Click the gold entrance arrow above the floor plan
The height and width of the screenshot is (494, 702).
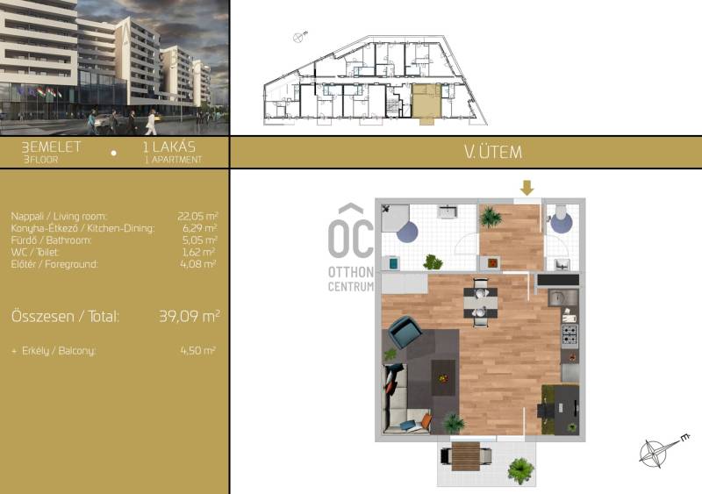click(527, 188)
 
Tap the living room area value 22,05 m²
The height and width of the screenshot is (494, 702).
click(197, 216)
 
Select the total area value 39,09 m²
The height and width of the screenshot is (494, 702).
click(189, 316)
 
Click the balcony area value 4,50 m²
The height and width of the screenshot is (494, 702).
click(197, 350)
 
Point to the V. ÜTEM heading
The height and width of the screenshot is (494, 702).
click(493, 152)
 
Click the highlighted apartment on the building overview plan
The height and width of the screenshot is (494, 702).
click(426, 102)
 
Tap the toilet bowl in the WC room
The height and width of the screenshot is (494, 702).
click(561, 219)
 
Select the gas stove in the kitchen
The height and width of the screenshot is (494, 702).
click(569, 334)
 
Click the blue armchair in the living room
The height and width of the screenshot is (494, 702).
click(405, 333)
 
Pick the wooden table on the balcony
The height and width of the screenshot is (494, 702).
click(466, 456)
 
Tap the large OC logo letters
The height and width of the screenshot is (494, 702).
click(350, 239)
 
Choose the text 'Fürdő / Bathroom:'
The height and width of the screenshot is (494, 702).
click(51, 240)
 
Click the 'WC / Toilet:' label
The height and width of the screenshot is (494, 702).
click(35, 252)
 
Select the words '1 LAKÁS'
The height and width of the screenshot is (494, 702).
click(168, 147)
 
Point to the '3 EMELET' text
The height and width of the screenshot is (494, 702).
click(52, 147)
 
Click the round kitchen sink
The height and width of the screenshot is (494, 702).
click(557, 297)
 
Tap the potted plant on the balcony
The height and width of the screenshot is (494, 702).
click(520, 470)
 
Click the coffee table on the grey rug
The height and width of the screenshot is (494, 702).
click(443, 377)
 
